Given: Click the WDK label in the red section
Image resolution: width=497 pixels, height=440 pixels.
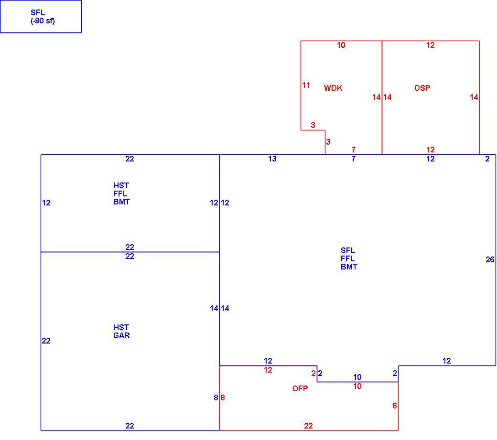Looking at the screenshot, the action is click(333, 88).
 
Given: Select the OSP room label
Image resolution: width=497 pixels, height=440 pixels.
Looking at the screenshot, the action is click(422, 88).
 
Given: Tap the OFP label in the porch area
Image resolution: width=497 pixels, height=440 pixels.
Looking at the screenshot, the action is click(300, 388).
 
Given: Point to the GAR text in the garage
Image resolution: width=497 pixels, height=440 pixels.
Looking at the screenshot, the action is click(121, 335).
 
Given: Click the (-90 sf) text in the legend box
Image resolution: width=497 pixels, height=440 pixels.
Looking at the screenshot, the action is click(43, 21).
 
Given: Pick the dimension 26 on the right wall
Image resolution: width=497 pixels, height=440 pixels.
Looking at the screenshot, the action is click(490, 260).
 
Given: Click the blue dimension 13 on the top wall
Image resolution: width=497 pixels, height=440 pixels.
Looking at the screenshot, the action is click(272, 159).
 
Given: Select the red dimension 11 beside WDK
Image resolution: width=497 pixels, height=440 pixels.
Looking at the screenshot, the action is click(306, 85).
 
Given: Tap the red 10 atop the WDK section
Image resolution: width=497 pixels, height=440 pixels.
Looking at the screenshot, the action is click(341, 45).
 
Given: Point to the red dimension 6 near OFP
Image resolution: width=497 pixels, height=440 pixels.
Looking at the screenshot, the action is click(395, 406).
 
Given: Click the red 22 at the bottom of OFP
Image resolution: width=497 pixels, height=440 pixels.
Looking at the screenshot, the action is click(308, 426).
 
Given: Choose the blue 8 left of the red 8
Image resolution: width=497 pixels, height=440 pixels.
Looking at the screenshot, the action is click(216, 397).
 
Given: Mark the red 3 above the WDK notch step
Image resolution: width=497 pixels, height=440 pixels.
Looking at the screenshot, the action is click(313, 125).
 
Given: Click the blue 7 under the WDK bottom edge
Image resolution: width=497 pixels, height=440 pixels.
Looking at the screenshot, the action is click(354, 159).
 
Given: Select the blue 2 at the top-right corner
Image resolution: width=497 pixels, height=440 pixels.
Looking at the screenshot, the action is click(487, 159).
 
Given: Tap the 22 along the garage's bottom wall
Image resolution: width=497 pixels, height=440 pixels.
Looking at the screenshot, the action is click(130, 426).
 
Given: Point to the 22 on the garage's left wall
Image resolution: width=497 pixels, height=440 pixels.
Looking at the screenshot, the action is click(46, 341).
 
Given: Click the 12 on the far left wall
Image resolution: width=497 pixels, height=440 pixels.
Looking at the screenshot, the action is click(46, 203).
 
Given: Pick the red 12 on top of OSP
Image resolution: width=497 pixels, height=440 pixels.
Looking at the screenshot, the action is click(431, 45).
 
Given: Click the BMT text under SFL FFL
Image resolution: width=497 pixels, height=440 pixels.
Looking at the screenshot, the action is click(349, 267).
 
